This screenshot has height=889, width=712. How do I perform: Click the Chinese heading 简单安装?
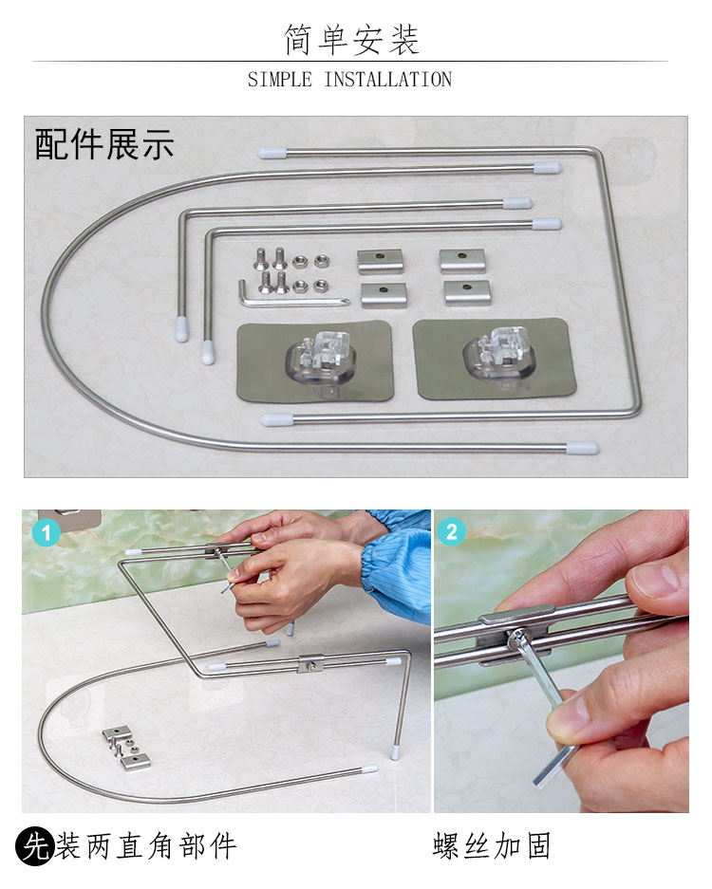point(351,40)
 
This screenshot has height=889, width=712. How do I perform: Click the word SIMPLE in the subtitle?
point(280,80)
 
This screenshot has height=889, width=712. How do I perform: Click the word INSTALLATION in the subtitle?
point(388,80)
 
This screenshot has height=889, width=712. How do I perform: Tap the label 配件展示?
point(103,144)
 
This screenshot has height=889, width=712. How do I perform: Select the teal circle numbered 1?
point(46,532)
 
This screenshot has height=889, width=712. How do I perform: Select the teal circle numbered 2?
point(451,532)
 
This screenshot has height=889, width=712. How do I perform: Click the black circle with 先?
point(34,846)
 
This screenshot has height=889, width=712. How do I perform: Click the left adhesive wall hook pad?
point(315,361)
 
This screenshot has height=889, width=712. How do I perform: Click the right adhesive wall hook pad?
point(495,359)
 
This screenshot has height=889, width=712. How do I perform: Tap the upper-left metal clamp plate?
point(380,261)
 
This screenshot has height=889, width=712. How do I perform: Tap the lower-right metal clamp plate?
point(467,292)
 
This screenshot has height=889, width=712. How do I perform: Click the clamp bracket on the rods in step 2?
point(516,631)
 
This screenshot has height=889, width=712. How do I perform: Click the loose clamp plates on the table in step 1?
point(126,749)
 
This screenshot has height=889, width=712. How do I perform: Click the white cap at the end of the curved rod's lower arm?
point(583,448)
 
